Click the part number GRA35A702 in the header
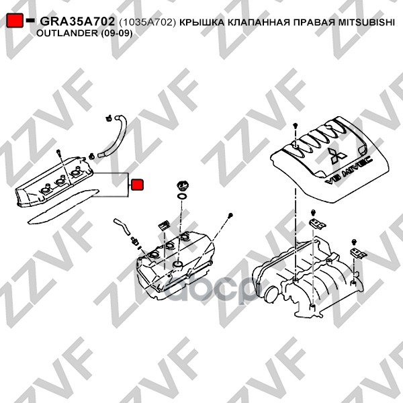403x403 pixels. point(77,21)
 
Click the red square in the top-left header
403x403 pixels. point(15,20)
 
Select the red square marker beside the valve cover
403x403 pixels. point(137,185)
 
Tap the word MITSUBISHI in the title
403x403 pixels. point(366,22)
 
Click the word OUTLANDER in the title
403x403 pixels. point(67,33)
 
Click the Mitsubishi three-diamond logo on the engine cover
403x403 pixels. point(337,156)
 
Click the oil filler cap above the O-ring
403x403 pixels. point(183,186)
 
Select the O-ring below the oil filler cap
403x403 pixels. point(182,197)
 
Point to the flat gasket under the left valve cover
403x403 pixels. point(63,206)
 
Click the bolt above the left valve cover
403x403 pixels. point(58,151)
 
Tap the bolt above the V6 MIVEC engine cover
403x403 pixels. point(296,126)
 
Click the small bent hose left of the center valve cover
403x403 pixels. point(123,226)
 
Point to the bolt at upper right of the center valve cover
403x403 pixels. point(230,215)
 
